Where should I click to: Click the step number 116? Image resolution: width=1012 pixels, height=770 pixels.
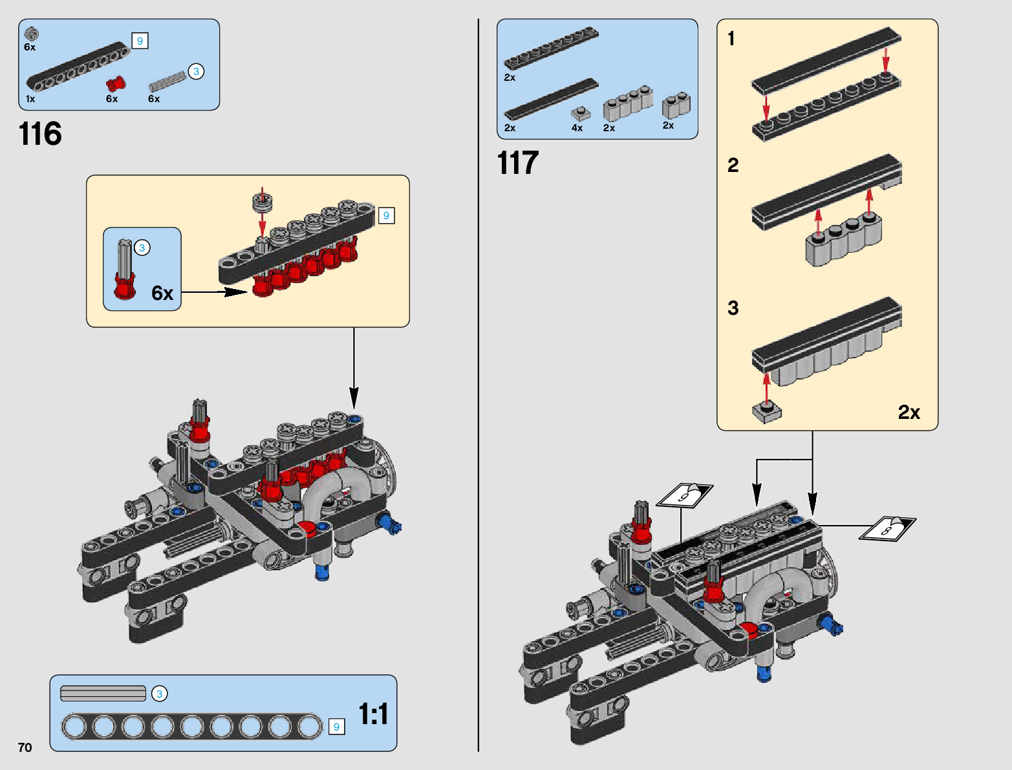point(40,134)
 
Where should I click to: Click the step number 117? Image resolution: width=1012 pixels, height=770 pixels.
point(518,163)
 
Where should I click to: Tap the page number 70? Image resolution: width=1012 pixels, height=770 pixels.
point(25,747)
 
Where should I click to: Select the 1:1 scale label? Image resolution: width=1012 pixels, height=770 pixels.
point(373,714)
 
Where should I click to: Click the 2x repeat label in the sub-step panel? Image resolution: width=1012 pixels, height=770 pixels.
point(909,412)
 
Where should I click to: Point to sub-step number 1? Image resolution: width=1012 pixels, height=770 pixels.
point(731,39)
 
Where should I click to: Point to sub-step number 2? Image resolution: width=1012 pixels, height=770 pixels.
point(733,165)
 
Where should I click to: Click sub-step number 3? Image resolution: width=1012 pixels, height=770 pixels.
point(733,308)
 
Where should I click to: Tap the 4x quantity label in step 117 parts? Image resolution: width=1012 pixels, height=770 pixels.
point(577,128)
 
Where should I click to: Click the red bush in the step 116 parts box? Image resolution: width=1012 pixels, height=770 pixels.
point(116,84)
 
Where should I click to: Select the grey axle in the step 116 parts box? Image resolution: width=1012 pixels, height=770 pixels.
point(167,82)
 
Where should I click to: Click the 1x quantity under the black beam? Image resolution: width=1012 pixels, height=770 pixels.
point(30,99)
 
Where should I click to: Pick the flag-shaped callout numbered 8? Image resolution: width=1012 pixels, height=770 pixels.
point(888,528)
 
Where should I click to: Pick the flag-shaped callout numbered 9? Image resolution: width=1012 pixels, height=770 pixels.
point(685,495)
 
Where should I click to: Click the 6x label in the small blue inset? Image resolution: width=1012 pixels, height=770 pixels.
point(162,294)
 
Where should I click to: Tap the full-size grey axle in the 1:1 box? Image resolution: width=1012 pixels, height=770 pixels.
point(103,694)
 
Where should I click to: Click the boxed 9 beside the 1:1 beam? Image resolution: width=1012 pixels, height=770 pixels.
point(336,727)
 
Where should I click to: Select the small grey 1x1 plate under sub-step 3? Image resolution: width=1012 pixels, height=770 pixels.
point(767,411)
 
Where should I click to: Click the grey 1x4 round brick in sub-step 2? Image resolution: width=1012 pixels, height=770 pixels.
point(843,242)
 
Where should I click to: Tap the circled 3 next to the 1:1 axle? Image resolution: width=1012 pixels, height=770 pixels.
point(159,694)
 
